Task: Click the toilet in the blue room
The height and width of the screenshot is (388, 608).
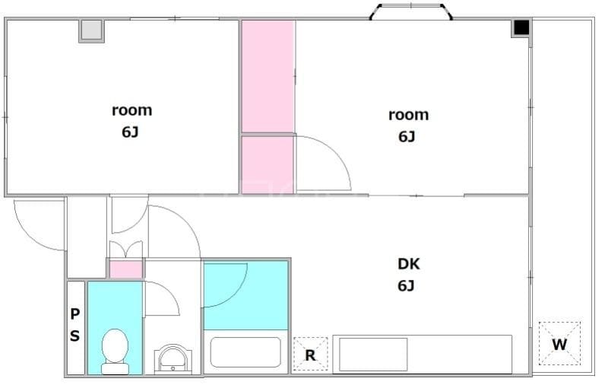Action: pos(116,351)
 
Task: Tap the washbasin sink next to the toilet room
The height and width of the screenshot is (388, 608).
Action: pos(173,360)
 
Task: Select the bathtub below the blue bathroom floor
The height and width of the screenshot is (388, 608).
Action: pos(245,352)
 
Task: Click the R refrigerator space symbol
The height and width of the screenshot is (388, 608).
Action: pos(310,354)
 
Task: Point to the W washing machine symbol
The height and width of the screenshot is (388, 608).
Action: pos(559,343)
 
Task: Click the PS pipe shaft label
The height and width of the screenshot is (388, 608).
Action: pos(74,324)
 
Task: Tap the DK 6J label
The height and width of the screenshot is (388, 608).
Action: pos(408,275)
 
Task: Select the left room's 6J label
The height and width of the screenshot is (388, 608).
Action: pos(130,132)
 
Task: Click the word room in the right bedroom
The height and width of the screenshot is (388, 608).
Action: pos(408,115)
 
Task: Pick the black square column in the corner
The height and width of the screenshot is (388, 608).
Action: pos(521,27)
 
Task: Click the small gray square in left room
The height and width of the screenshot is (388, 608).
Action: pos(92,30)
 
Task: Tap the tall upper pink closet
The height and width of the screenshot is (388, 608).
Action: pos(268,76)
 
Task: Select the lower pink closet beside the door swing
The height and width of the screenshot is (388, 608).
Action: pos(268,164)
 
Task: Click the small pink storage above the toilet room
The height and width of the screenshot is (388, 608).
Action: pos(125,269)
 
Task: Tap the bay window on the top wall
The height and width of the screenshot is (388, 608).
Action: pos(410,11)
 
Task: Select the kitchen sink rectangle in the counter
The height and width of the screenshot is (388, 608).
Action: pos(373,355)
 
